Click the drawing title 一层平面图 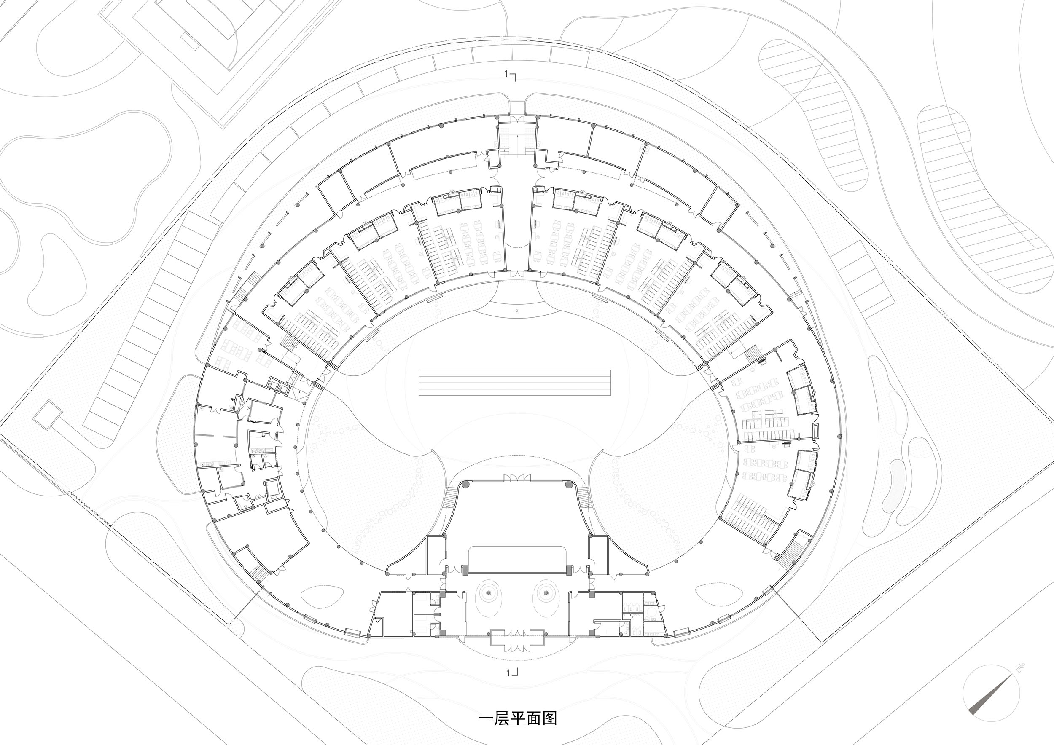click(x=518, y=718)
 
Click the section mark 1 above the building click(x=510, y=75)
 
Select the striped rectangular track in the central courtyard click(x=515, y=383)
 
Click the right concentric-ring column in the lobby click(x=546, y=593)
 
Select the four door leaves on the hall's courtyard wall click(x=517, y=478)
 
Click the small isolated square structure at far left click(x=47, y=415)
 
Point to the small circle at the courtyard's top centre click(x=517, y=311)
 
